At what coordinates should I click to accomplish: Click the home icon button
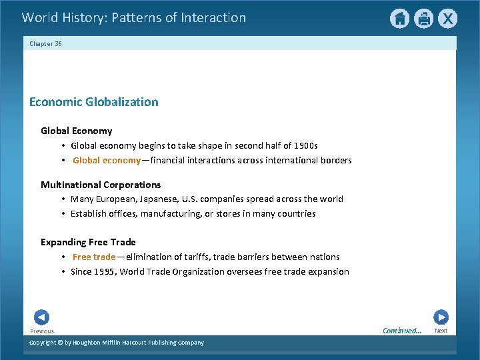click(x=399, y=19)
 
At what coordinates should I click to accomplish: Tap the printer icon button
click(x=423, y=19)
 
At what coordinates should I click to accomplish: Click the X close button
click(x=447, y=19)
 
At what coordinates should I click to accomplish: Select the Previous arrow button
click(x=41, y=317)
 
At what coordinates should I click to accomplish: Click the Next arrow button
click(x=441, y=317)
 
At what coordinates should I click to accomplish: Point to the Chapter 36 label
click(x=45, y=43)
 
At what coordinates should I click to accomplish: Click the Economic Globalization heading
click(x=94, y=102)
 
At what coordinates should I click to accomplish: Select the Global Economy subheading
click(x=76, y=131)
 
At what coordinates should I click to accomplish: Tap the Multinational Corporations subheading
click(x=101, y=185)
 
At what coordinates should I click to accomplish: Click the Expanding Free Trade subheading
click(x=88, y=242)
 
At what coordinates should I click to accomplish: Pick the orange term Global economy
click(x=107, y=160)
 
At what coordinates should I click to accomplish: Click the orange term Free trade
click(x=94, y=257)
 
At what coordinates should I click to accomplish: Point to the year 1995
click(x=107, y=271)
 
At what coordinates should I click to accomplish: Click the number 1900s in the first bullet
click(x=305, y=145)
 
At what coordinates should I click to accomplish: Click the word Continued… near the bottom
click(x=402, y=331)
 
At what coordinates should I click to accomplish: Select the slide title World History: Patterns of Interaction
click(x=134, y=18)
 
